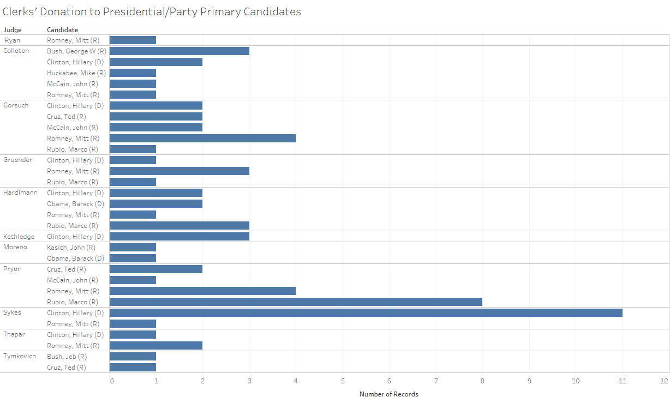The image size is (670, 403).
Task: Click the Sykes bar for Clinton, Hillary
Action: [x=366, y=313]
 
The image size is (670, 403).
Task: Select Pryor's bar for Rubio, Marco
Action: [x=296, y=302]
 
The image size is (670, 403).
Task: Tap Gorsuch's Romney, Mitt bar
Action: [x=202, y=139]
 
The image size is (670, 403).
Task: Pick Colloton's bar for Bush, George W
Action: [x=179, y=51]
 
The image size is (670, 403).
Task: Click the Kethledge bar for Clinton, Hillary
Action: [x=179, y=237]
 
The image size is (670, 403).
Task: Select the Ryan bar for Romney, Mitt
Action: [x=133, y=40]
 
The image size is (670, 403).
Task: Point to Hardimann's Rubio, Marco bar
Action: [x=179, y=226]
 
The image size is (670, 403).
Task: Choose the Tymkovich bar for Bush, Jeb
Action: [x=133, y=357]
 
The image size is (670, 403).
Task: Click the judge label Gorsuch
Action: [x=16, y=105]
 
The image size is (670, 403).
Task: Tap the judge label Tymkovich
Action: [x=20, y=356]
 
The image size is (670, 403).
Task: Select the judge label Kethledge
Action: [x=19, y=237]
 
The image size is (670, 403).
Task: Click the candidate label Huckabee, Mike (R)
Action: [x=76, y=73]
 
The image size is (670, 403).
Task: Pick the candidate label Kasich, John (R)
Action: [x=71, y=248]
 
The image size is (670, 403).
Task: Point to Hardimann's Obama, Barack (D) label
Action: [x=75, y=204]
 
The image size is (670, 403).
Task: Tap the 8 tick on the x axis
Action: [x=482, y=381]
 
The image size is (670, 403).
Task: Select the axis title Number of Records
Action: [x=389, y=394]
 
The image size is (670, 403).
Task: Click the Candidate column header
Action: [x=63, y=30]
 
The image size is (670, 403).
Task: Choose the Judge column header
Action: [x=13, y=30]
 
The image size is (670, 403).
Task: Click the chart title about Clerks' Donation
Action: [x=152, y=11]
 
